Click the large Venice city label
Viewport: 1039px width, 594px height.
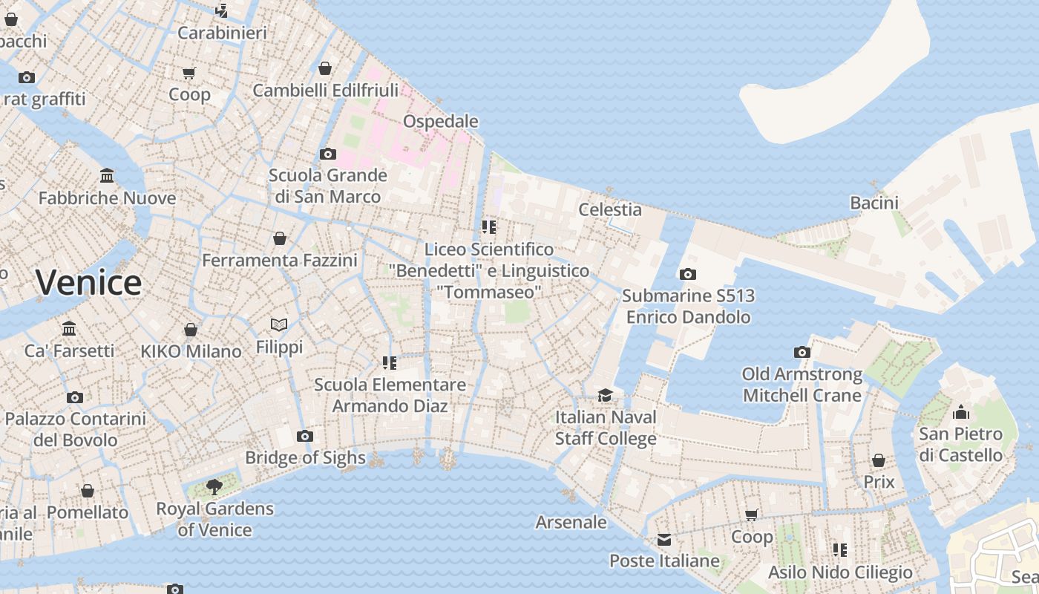(x=88, y=283)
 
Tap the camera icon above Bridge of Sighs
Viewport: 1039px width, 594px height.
(x=304, y=436)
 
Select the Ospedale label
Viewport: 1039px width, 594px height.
(x=440, y=121)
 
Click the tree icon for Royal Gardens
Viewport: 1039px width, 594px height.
(x=214, y=487)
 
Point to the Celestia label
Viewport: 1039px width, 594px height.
(x=609, y=209)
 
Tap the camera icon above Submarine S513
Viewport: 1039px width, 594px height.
(x=688, y=274)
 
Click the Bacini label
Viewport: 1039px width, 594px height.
(x=874, y=203)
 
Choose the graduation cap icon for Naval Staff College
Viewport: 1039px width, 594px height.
(x=606, y=395)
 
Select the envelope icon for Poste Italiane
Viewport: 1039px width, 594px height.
(x=663, y=539)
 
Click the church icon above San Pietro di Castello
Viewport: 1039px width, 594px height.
(x=961, y=411)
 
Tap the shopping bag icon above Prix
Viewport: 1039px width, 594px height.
(x=879, y=460)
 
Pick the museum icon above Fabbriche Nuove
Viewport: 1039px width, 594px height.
(x=107, y=176)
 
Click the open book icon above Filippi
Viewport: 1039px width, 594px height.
(x=279, y=324)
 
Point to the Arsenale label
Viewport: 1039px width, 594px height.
(x=571, y=522)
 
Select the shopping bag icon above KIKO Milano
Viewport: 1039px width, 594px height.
(x=191, y=330)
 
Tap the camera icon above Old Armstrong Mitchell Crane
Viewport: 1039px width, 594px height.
(x=802, y=352)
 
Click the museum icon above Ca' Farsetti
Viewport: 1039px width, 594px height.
(x=69, y=328)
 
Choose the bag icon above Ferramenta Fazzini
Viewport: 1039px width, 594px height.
(x=280, y=238)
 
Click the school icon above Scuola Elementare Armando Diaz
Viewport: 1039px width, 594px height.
(x=390, y=363)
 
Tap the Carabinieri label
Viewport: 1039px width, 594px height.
(x=222, y=33)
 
